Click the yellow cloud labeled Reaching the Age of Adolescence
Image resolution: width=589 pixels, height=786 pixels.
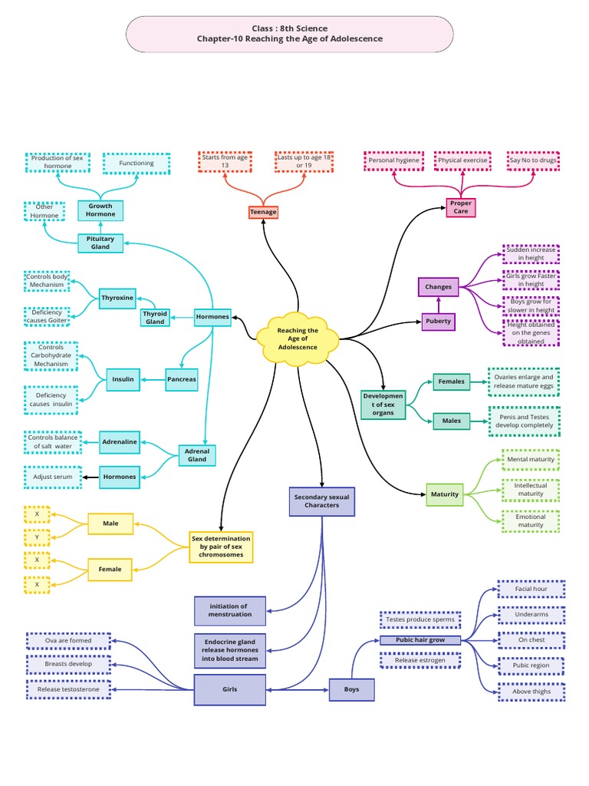(298, 339)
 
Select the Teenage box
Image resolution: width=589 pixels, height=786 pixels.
(263, 212)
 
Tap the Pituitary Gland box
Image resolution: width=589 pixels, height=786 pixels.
(100, 243)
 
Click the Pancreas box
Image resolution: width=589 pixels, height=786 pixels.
(181, 379)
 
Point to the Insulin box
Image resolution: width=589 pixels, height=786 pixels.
(123, 379)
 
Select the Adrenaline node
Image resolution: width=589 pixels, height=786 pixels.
(118, 441)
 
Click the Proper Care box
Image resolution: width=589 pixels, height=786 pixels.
(461, 207)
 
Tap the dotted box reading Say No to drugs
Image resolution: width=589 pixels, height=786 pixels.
(533, 161)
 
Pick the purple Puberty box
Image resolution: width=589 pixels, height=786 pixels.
(439, 321)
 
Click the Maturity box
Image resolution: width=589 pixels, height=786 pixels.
(444, 494)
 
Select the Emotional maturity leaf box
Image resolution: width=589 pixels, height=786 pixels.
(531, 521)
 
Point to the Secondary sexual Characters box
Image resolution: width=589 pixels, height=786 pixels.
(321, 501)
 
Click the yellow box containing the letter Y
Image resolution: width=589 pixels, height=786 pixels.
(37, 537)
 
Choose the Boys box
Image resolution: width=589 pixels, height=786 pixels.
(351, 689)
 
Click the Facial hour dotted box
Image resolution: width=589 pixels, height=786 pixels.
(531, 589)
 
